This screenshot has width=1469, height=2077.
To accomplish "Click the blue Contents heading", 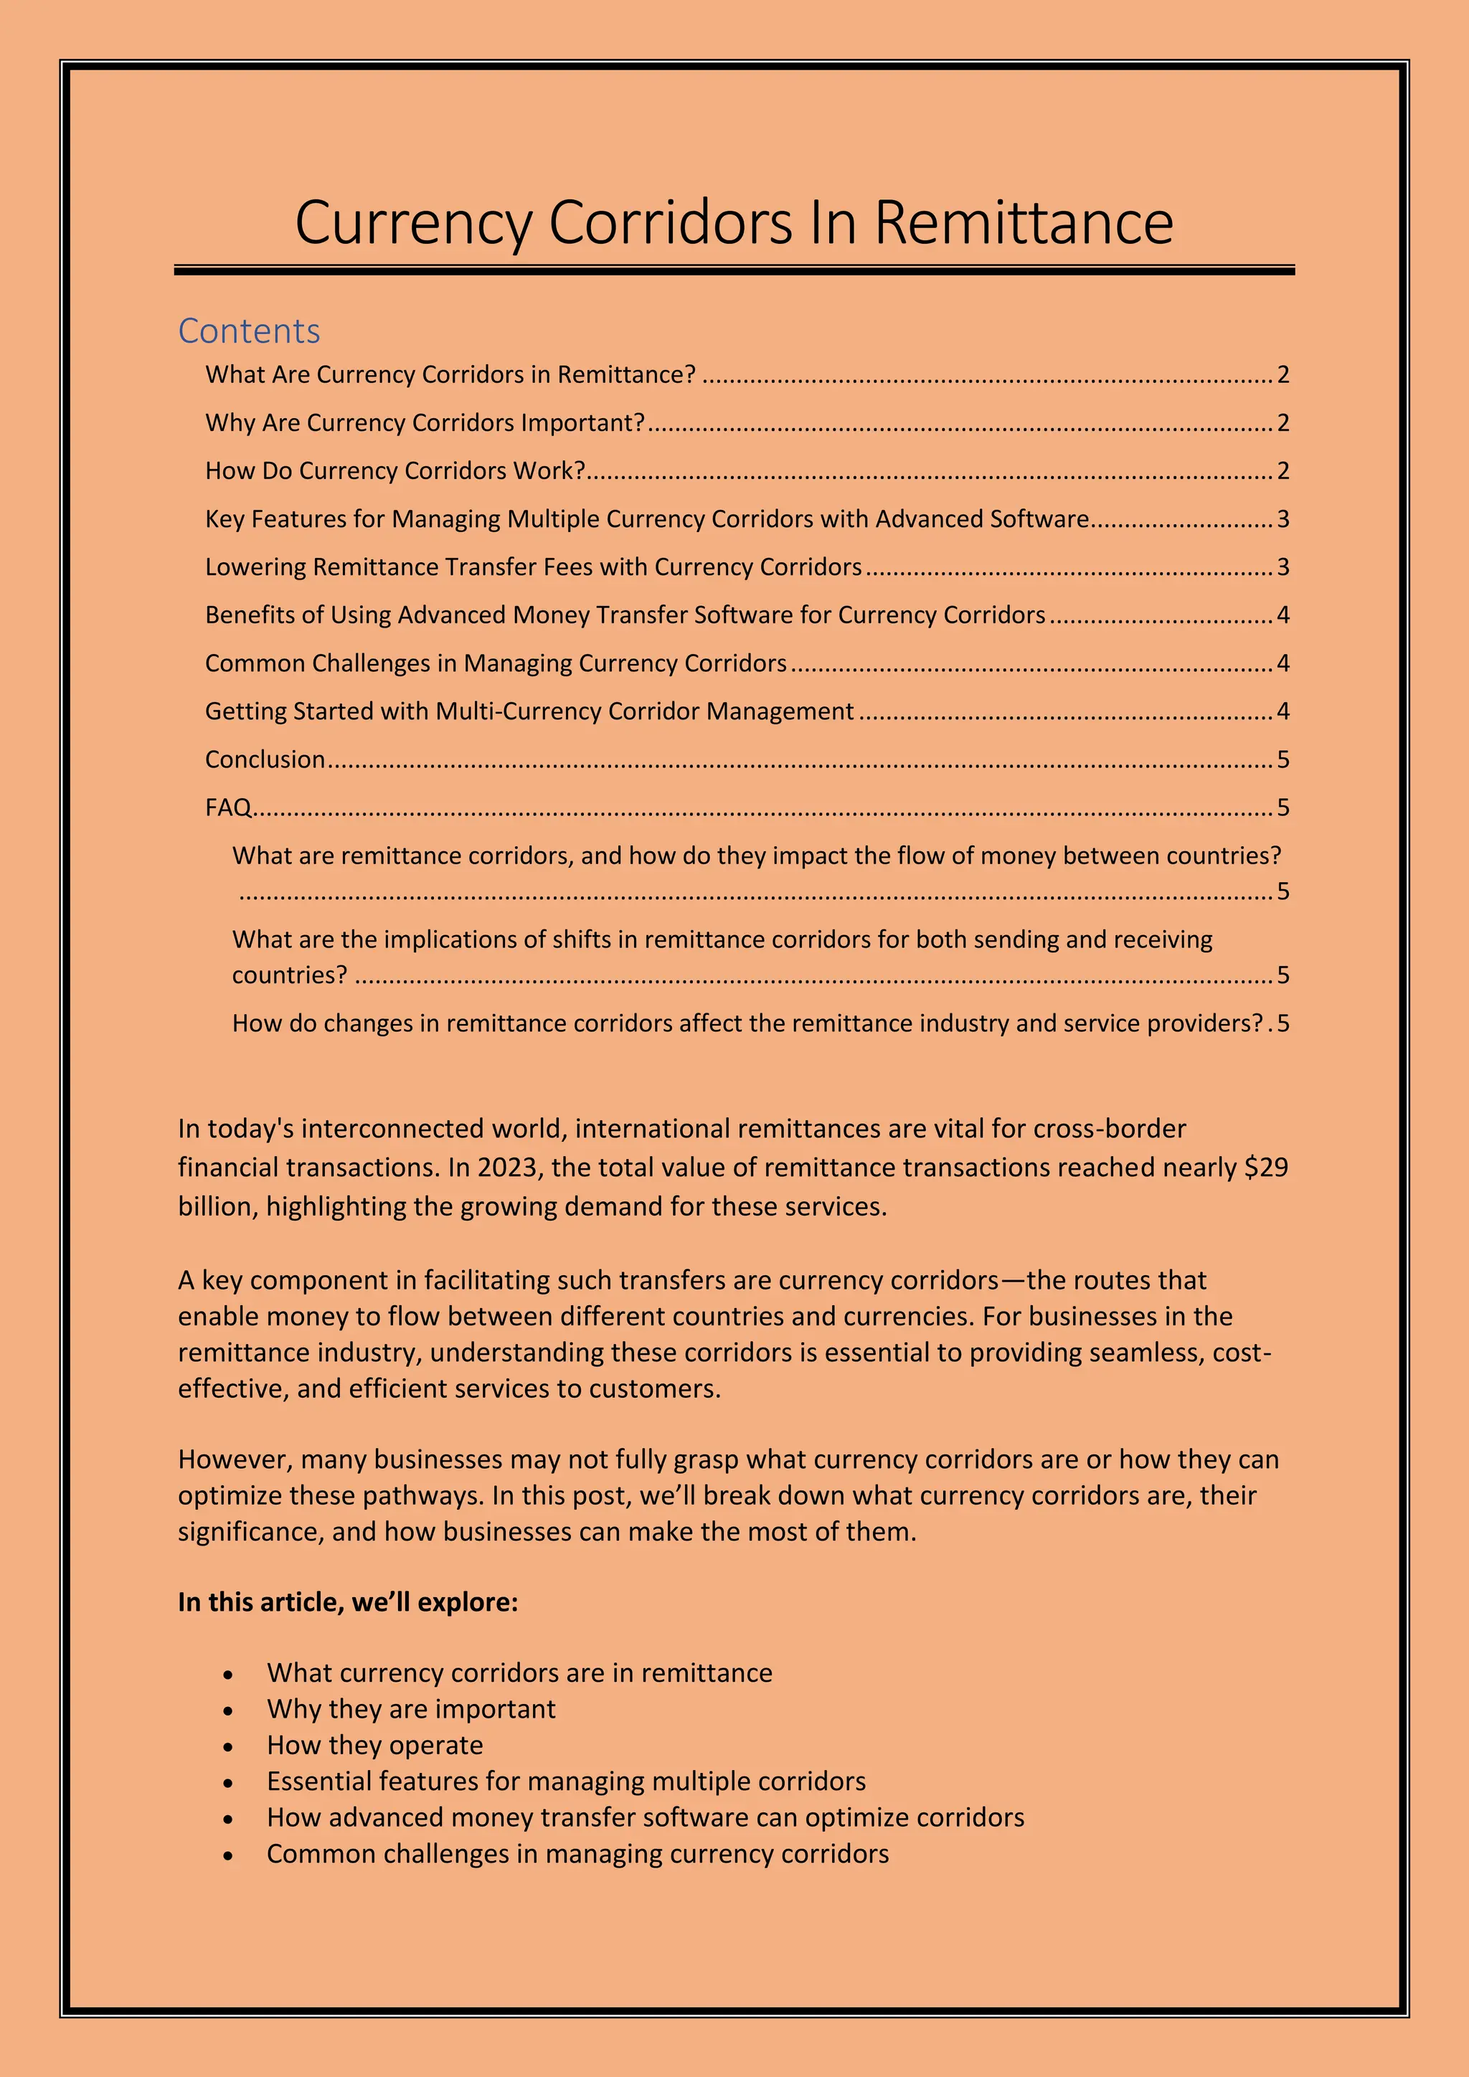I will coord(249,331).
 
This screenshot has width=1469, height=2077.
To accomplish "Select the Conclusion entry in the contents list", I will coord(264,759).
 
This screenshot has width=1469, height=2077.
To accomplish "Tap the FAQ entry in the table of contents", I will coord(227,807).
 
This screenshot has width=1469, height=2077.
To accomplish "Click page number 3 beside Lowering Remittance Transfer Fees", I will coord(1282,567).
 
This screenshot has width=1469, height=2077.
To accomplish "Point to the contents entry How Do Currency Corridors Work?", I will coord(395,470).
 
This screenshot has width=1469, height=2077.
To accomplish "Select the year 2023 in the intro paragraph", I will coord(507,1167).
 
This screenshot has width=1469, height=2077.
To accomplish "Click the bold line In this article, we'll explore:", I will coord(347,1601).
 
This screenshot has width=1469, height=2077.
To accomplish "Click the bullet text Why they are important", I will coord(411,1709).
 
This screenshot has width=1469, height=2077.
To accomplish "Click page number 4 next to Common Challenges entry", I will coord(1282,663).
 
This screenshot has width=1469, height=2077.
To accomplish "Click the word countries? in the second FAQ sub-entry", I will coord(288,975).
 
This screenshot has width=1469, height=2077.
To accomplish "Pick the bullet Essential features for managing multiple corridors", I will coord(565,1782).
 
